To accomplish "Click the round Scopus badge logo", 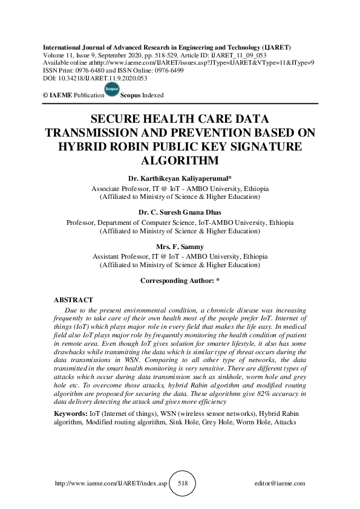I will point(112,90).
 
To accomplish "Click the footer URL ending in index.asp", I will point(111,484).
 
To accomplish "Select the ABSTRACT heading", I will point(73,300).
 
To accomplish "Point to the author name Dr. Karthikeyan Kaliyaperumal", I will point(180,180).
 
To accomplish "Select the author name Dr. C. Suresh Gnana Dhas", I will point(180,213).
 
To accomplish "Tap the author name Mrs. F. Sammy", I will point(180,247).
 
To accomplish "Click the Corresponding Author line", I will point(180,281).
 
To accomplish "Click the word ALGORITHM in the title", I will point(180,161).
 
